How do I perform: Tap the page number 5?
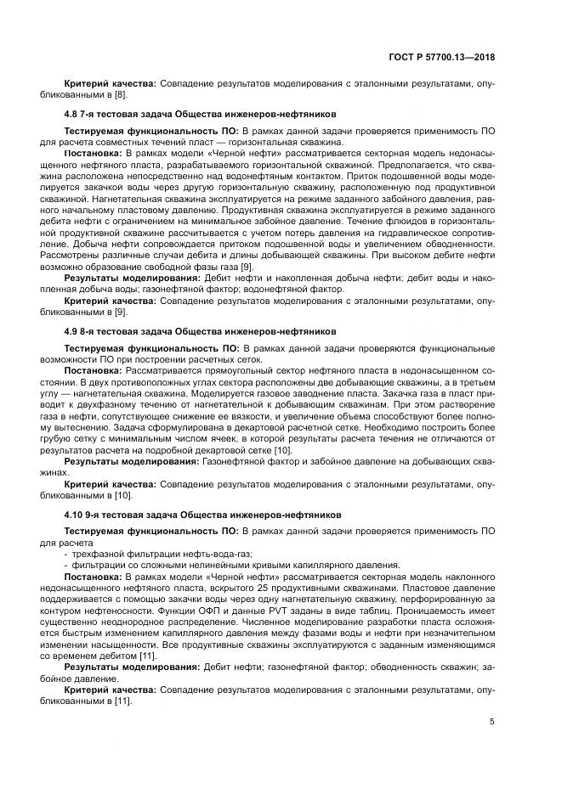(x=492, y=722)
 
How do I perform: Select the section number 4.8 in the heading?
(x=72, y=113)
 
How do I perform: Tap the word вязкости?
(x=300, y=428)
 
